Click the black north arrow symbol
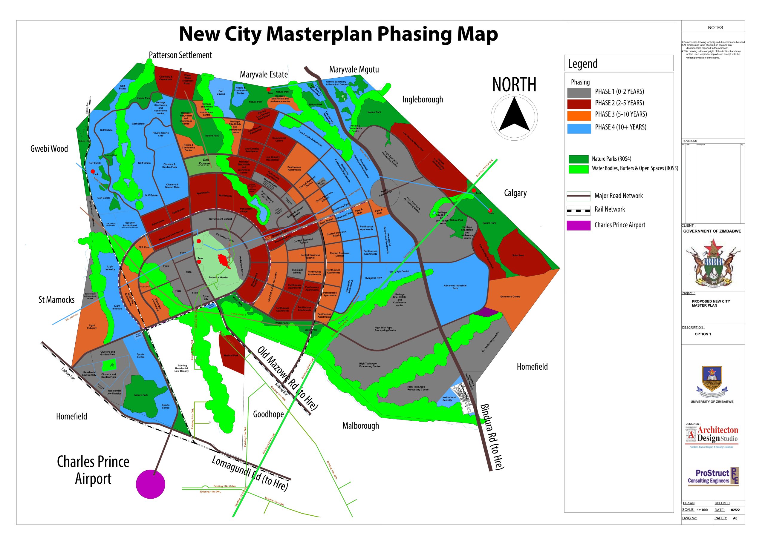coord(514,115)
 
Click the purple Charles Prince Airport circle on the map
coord(150,484)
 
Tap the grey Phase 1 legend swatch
coord(579,93)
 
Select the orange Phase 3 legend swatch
coord(579,116)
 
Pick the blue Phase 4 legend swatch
coord(579,128)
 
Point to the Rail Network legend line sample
coord(578,210)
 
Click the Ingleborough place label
coord(422,100)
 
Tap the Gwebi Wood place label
coord(49,149)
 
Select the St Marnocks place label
coord(56,300)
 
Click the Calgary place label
coord(515,193)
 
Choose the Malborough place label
coord(361,426)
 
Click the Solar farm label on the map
coord(518,255)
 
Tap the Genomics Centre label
coord(510,297)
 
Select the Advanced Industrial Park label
coord(455,287)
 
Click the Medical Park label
coord(231,355)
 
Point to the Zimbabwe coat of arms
coord(713,263)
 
